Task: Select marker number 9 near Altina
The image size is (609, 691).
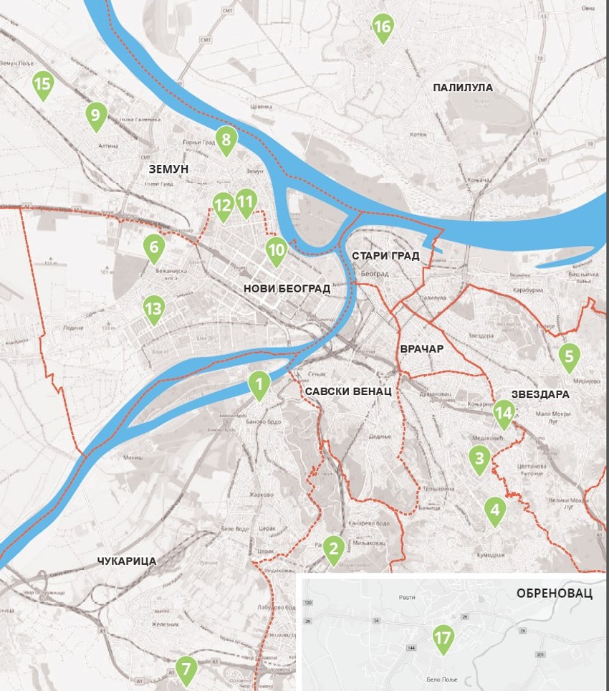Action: pyautogui.click(x=95, y=115)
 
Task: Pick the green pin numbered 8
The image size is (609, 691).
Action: pyautogui.click(x=226, y=139)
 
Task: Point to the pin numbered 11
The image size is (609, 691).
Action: pyautogui.click(x=246, y=202)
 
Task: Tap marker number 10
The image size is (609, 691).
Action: pyautogui.click(x=277, y=250)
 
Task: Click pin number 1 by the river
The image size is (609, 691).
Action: pyautogui.click(x=259, y=383)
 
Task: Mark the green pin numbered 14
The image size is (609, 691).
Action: pyautogui.click(x=504, y=413)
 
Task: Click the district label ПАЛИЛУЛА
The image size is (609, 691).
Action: pyautogui.click(x=463, y=87)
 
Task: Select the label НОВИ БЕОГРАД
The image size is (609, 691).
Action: pyautogui.click(x=287, y=288)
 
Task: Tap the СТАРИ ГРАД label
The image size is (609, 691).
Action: pyautogui.click(x=385, y=256)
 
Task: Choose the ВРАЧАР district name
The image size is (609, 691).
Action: pyautogui.click(x=422, y=349)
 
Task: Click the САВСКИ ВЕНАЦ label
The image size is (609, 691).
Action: pyautogui.click(x=347, y=392)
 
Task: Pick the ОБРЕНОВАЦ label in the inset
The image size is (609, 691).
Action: pyautogui.click(x=554, y=594)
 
